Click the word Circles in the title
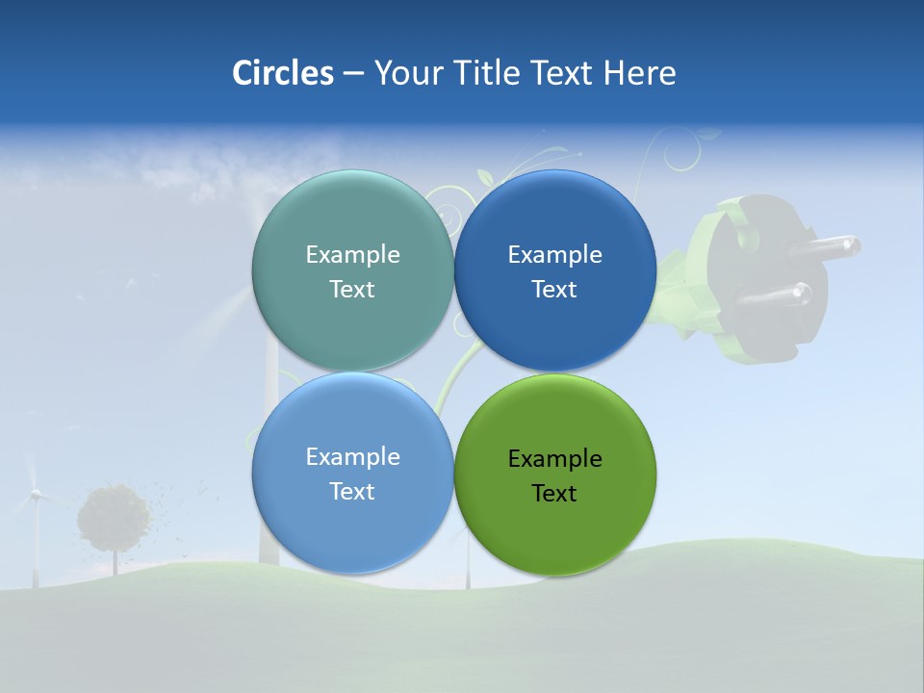pos(282,73)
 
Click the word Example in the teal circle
pos(352,255)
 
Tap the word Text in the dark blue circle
pos(554,290)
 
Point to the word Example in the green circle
pos(555,459)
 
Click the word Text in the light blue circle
pos(352,492)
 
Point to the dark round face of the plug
pos(770,255)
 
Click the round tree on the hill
pos(114,518)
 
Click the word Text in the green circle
pos(554,494)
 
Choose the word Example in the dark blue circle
pos(555,255)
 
